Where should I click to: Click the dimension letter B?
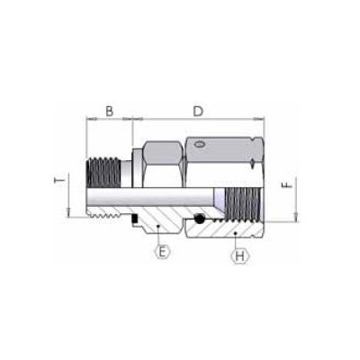[x=108, y=111]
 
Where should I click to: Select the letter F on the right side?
[x=286, y=188]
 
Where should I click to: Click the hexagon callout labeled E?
[x=162, y=252]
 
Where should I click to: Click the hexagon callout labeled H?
[x=239, y=256]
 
